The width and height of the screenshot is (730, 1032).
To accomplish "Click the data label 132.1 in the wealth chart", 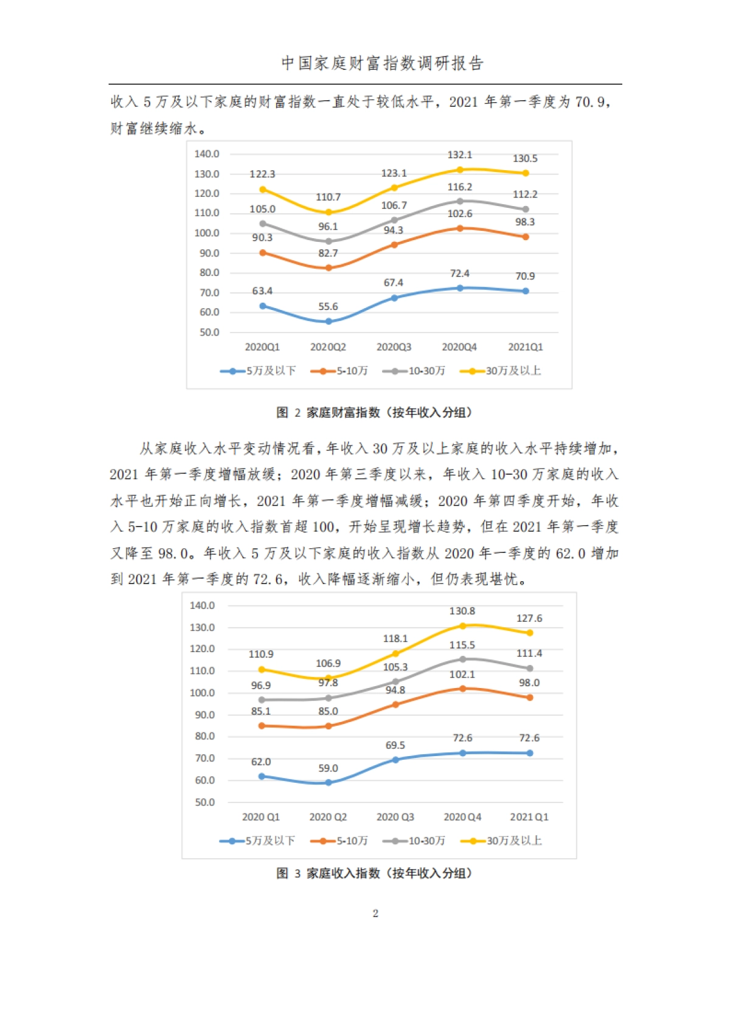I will (x=459, y=155).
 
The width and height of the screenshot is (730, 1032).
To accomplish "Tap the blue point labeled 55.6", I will (x=328, y=321).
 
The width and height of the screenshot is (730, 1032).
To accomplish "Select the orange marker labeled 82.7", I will (x=328, y=267).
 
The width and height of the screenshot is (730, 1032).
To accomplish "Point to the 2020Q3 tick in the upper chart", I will (x=394, y=347).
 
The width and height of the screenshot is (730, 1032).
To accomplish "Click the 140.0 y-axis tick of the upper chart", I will (x=207, y=154).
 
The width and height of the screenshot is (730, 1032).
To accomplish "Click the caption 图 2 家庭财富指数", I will (x=374, y=413).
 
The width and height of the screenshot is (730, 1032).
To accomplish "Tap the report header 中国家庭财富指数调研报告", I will (x=382, y=63).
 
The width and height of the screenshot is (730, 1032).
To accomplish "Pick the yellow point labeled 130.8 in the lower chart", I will (x=462, y=626).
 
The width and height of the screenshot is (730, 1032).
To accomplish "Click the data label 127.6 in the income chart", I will (x=529, y=618).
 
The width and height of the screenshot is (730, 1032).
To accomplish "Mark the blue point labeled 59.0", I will (x=328, y=782).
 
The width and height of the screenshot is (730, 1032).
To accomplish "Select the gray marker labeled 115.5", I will (x=462, y=659).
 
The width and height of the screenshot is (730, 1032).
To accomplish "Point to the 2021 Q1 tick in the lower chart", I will (x=529, y=817).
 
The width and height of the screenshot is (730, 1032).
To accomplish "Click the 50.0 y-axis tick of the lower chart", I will (x=204, y=802).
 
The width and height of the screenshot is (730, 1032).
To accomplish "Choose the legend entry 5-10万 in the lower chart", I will (x=339, y=841).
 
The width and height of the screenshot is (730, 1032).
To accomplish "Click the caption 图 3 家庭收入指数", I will (x=374, y=873).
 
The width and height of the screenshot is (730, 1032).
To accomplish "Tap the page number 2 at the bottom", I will (x=375, y=913).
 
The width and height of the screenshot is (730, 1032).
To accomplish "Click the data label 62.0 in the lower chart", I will (x=261, y=762).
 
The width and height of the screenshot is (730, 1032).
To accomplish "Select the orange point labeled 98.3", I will (x=526, y=237).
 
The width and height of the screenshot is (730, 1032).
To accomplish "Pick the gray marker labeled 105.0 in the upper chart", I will (x=263, y=224).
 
